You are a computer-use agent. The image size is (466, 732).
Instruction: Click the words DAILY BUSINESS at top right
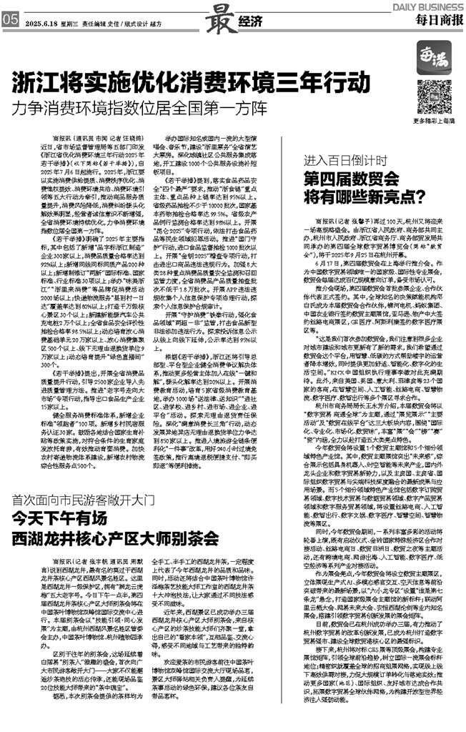tap(426, 5)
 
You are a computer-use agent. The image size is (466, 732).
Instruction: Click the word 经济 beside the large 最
tap(247, 22)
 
